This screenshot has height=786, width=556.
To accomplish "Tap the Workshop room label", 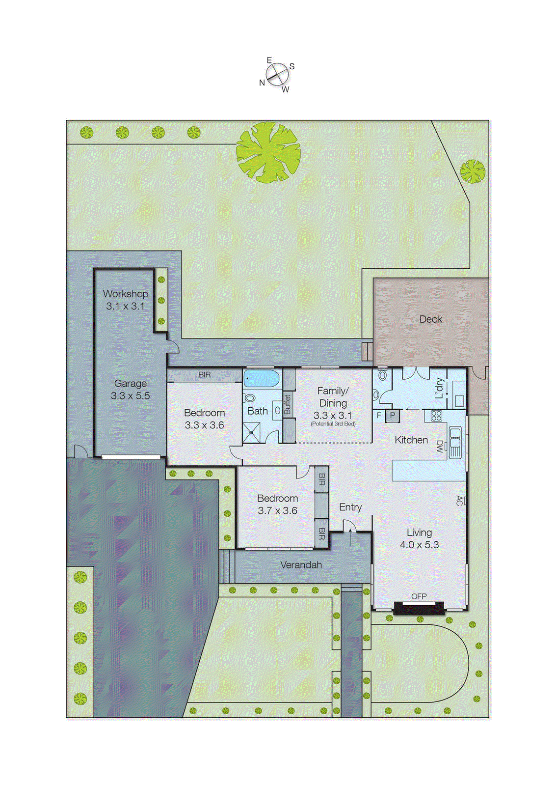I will pos(126,294).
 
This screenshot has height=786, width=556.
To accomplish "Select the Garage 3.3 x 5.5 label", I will pos(130,390).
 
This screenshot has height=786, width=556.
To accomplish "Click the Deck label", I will pos(430,319).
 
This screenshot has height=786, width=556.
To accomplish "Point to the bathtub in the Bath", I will pos(261,379).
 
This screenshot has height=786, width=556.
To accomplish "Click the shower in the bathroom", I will pos(252,432).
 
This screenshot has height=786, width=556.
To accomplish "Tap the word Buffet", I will pos(288,404).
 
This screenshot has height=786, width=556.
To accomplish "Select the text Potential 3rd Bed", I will pos(333,424).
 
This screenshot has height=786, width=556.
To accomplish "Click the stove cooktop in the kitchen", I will pos(436,416).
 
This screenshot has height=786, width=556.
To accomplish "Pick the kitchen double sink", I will pos(455,443).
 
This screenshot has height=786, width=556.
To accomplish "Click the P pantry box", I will pos(393,416).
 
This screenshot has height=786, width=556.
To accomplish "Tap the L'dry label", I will pos(440,388).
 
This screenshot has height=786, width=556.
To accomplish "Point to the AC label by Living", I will pos(459,501).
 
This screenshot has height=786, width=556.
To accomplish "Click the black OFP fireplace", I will pos(419,608).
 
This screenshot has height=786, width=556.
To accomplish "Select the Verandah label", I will pos(301,565).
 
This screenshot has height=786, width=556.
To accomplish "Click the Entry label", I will pos(350,507).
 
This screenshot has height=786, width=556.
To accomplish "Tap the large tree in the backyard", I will pos(268,153).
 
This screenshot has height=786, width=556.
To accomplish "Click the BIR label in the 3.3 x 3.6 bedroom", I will pos(205,375).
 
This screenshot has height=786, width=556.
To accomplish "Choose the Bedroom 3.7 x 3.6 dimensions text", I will pos(277,511).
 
